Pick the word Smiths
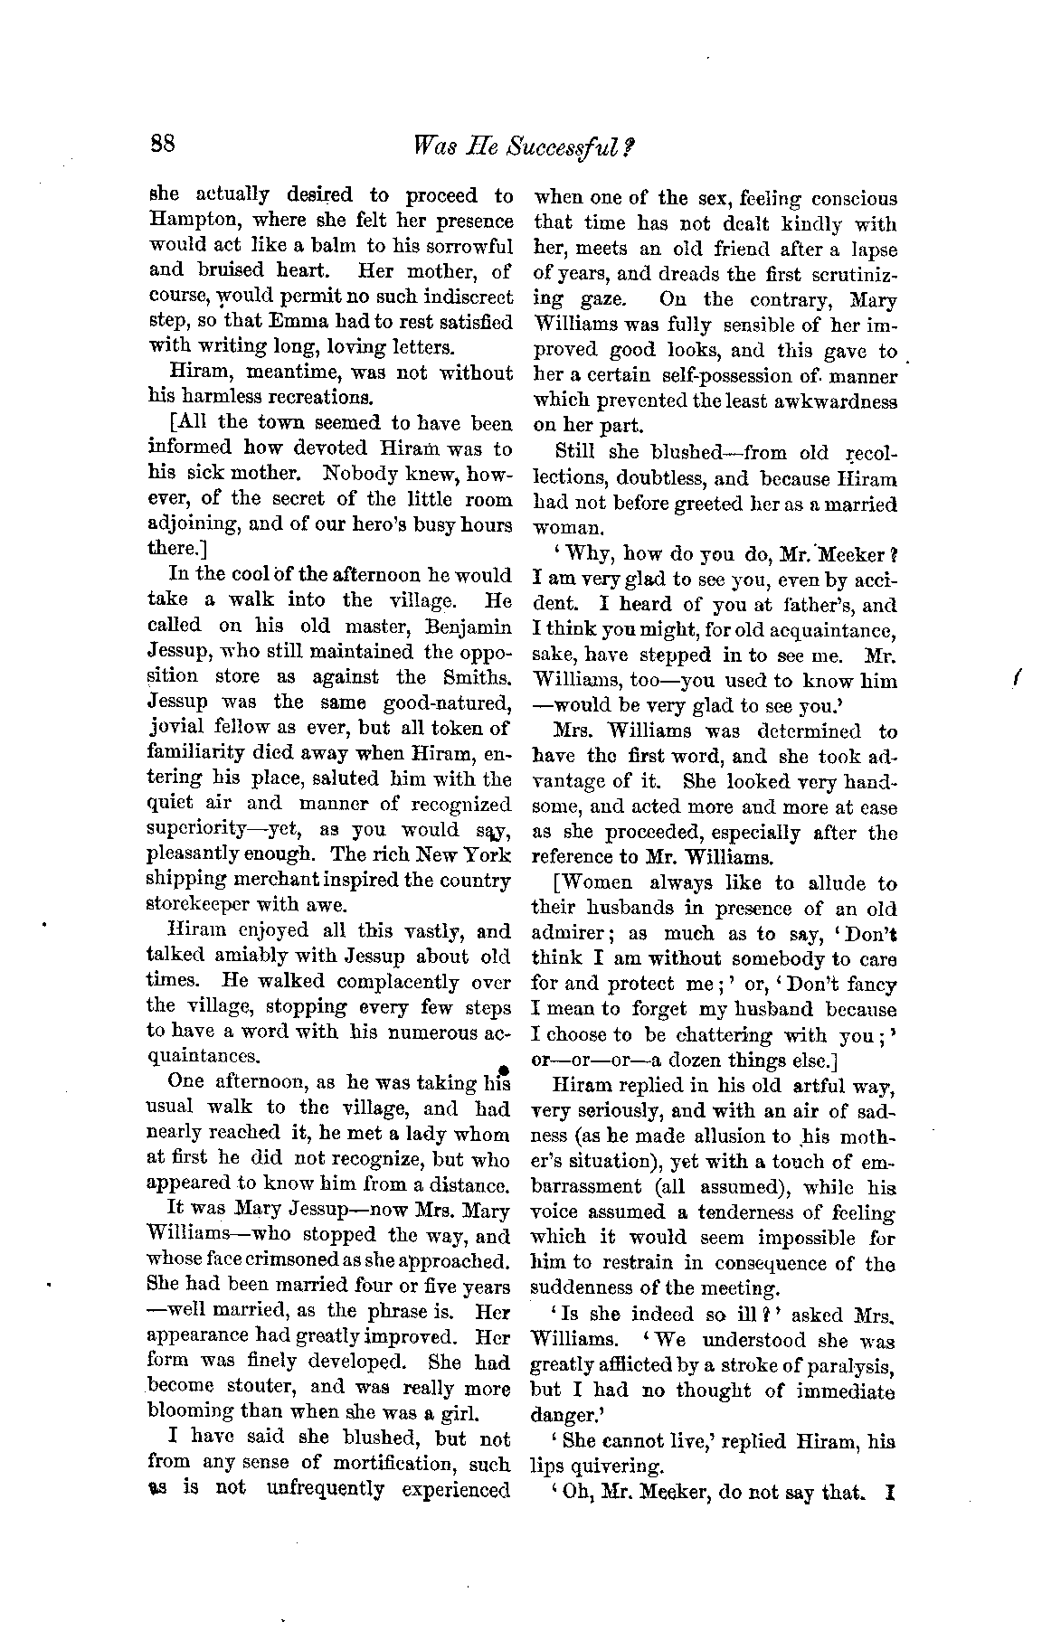(476, 676)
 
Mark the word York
(488, 854)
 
